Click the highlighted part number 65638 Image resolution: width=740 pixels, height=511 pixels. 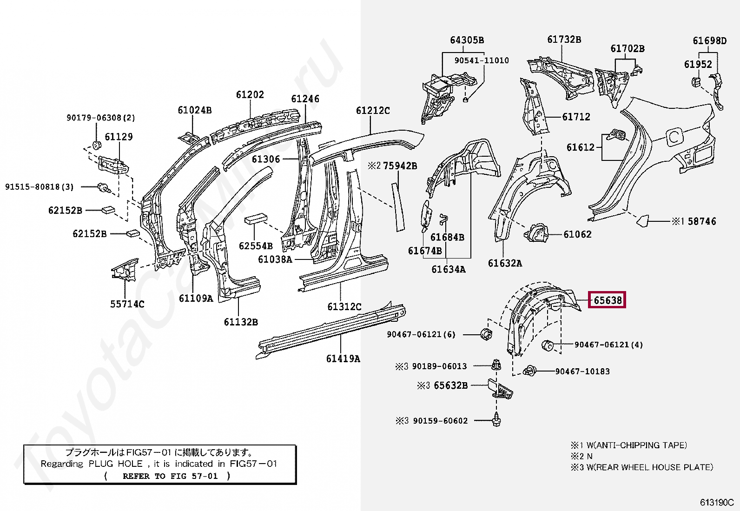pos(607,300)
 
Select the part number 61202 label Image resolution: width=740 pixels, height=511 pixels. pos(250,95)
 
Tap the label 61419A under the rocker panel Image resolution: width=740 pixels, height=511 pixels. pos(343,358)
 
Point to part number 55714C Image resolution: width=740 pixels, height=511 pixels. pos(127,304)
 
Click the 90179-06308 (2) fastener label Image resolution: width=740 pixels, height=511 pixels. pos(101,118)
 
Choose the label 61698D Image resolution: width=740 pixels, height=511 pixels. pos(709,41)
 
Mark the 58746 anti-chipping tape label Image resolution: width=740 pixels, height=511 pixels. pos(701,222)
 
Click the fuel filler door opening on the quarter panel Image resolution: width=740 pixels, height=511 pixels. pos(674,136)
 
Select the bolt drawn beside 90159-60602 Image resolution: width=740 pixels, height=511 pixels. pos(496,420)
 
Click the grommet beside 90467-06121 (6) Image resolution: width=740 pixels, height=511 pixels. pos(486,334)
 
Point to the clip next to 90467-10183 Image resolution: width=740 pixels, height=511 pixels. pos(529,371)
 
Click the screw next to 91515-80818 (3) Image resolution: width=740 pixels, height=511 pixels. pos(103,187)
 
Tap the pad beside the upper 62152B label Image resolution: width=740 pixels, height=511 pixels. pos(108,210)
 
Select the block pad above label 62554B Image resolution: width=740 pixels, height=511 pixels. pos(256,219)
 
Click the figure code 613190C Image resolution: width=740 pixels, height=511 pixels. pos(716,503)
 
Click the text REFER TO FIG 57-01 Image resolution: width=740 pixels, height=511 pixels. pos(170,476)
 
